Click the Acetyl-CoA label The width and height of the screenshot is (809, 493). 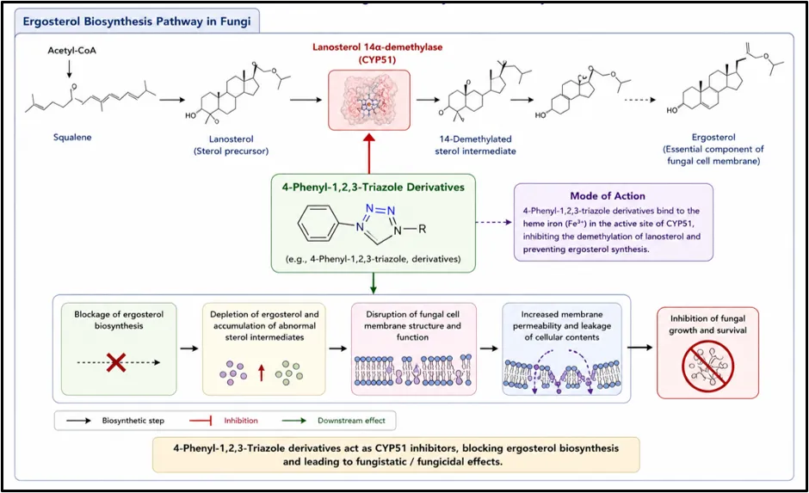[71, 51]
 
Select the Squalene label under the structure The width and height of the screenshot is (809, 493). [72, 137]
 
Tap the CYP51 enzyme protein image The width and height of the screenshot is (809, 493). [369, 100]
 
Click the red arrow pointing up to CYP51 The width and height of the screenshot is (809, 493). [369, 153]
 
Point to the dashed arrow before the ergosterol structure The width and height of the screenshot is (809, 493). [639, 100]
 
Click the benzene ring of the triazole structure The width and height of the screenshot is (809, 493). [318, 224]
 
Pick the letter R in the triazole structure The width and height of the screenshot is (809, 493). [422, 229]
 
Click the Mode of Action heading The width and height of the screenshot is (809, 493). [608, 196]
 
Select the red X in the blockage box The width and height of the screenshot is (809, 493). [116, 362]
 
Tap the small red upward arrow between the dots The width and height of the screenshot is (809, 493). [261, 373]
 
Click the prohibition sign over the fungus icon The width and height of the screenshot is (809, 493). [707, 367]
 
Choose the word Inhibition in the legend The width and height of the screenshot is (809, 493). [241, 420]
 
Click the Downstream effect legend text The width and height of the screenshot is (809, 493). [351, 420]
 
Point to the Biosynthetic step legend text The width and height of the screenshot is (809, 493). [133, 420]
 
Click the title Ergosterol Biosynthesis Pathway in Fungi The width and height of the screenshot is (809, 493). [137, 22]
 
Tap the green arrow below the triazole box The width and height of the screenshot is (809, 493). [373, 283]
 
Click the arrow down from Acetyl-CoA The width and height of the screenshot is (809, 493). [69, 68]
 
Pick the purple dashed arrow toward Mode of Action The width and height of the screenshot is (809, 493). [493, 223]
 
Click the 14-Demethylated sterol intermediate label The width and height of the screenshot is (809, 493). [475, 145]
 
